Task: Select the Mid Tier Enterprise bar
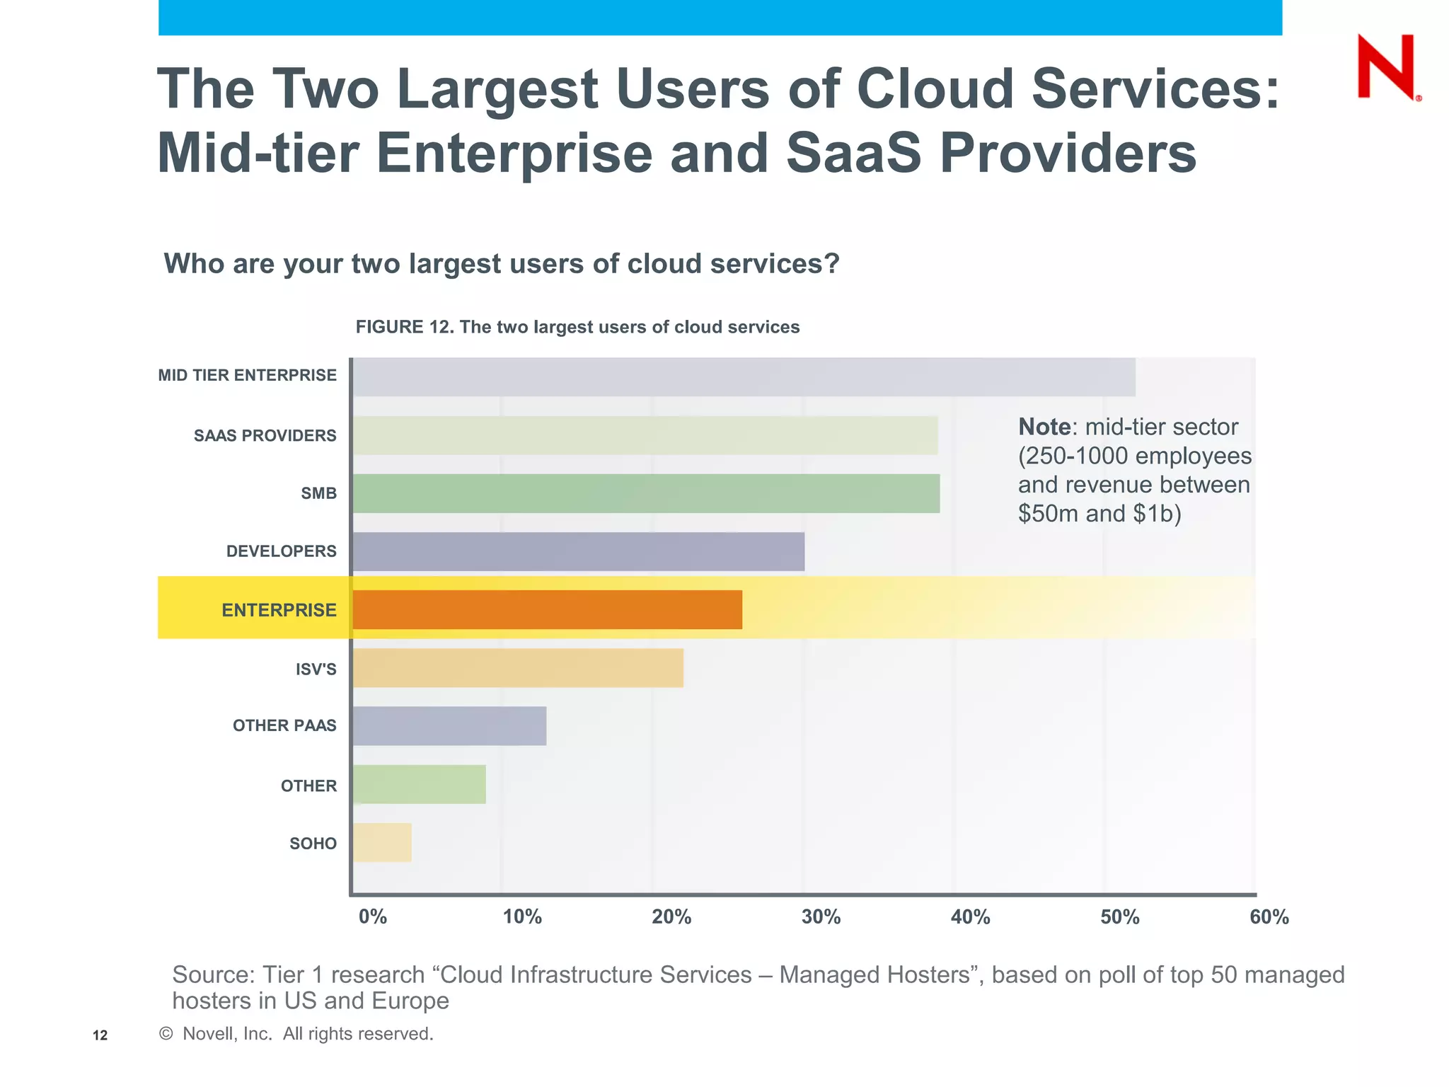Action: pos(743,377)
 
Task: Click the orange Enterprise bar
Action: pos(547,609)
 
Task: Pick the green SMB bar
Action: pos(646,493)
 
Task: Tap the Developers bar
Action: pos(578,551)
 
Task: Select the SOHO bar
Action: pos(382,842)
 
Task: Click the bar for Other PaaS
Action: pos(449,725)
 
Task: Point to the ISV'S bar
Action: pos(518,667)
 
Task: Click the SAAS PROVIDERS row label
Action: pos(265,436)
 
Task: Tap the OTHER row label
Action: pos(308,786)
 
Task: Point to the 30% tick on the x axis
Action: pos(821,917)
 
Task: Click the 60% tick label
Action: pos(1269,917)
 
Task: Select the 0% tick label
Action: pos(372,917)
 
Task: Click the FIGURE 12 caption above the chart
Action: pos(577,327)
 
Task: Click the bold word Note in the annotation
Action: pos(1044,427)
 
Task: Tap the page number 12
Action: pos(100,1035)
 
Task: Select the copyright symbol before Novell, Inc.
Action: pos(166,1034)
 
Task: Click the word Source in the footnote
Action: pos(212,975)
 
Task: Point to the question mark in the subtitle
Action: pos(831,263)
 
